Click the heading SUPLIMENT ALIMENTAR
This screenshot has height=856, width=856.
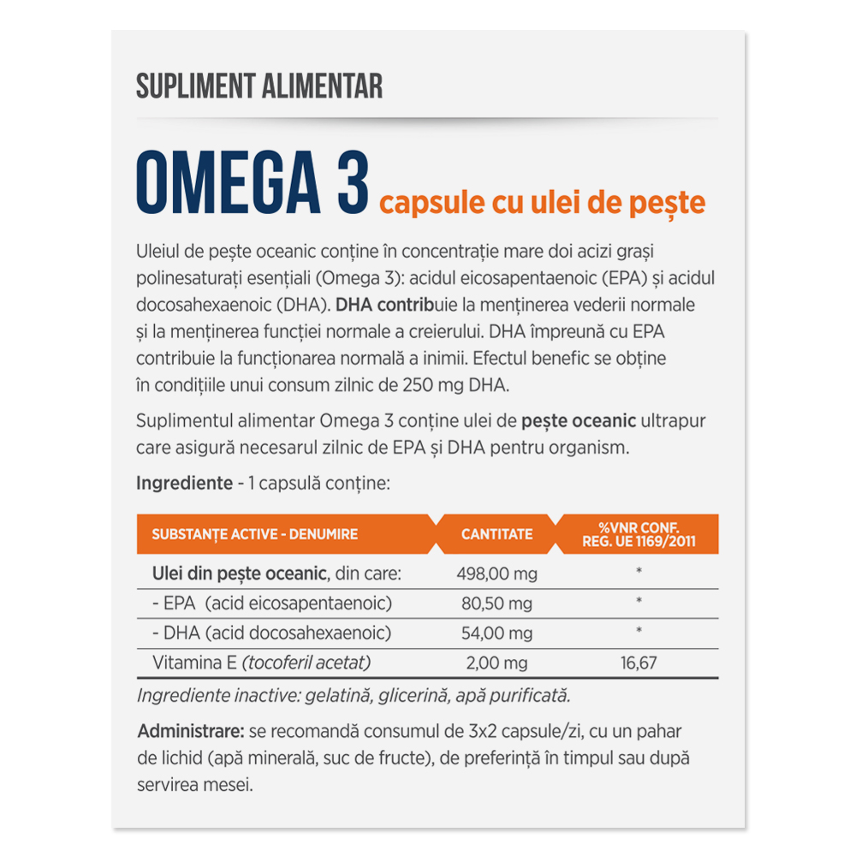click(259, 86)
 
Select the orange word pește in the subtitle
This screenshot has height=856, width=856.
click(676, 203)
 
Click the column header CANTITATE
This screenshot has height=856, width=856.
click(496, 534)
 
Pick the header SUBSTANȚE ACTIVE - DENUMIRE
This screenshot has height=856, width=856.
click(254, 534)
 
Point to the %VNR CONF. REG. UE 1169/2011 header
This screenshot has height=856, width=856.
click(639, 534)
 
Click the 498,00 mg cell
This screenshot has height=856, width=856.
click(496, 574)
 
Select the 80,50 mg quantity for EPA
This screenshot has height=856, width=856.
click(496, 603)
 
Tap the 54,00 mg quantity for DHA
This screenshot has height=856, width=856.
click(496, 633)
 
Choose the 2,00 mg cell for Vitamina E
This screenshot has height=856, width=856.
click(496, 663)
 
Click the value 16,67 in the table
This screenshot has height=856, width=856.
click(639, 663)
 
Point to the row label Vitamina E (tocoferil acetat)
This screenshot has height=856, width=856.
click(261, 663)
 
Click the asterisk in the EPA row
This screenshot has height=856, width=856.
click(639, 602)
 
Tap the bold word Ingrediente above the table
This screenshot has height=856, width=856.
click(184, 483)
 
